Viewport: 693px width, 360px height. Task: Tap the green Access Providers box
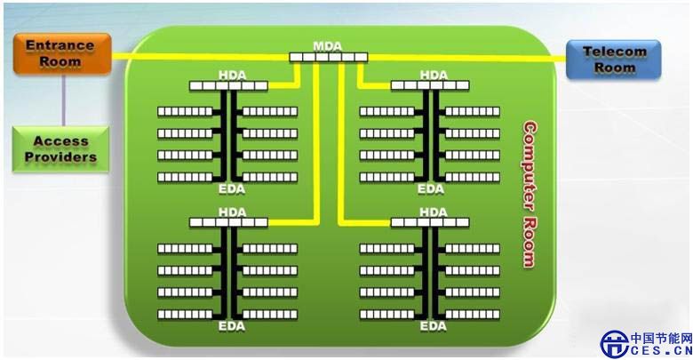tap(60, 149)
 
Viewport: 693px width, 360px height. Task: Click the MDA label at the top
tap(327, 45)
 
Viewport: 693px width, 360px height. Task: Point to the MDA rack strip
tap(328, 57)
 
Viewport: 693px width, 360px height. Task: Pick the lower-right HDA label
tap(433, 212)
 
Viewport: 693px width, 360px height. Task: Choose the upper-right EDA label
tap(433, 188)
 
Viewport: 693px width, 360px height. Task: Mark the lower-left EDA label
tap(229, 326)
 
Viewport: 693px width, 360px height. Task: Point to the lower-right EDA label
tap(433, 326)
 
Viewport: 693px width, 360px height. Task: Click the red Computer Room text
tap(530, 194)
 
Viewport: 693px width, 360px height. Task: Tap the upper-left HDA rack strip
tap(228, 85)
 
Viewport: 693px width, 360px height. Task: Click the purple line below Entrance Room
tap(62, 99)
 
